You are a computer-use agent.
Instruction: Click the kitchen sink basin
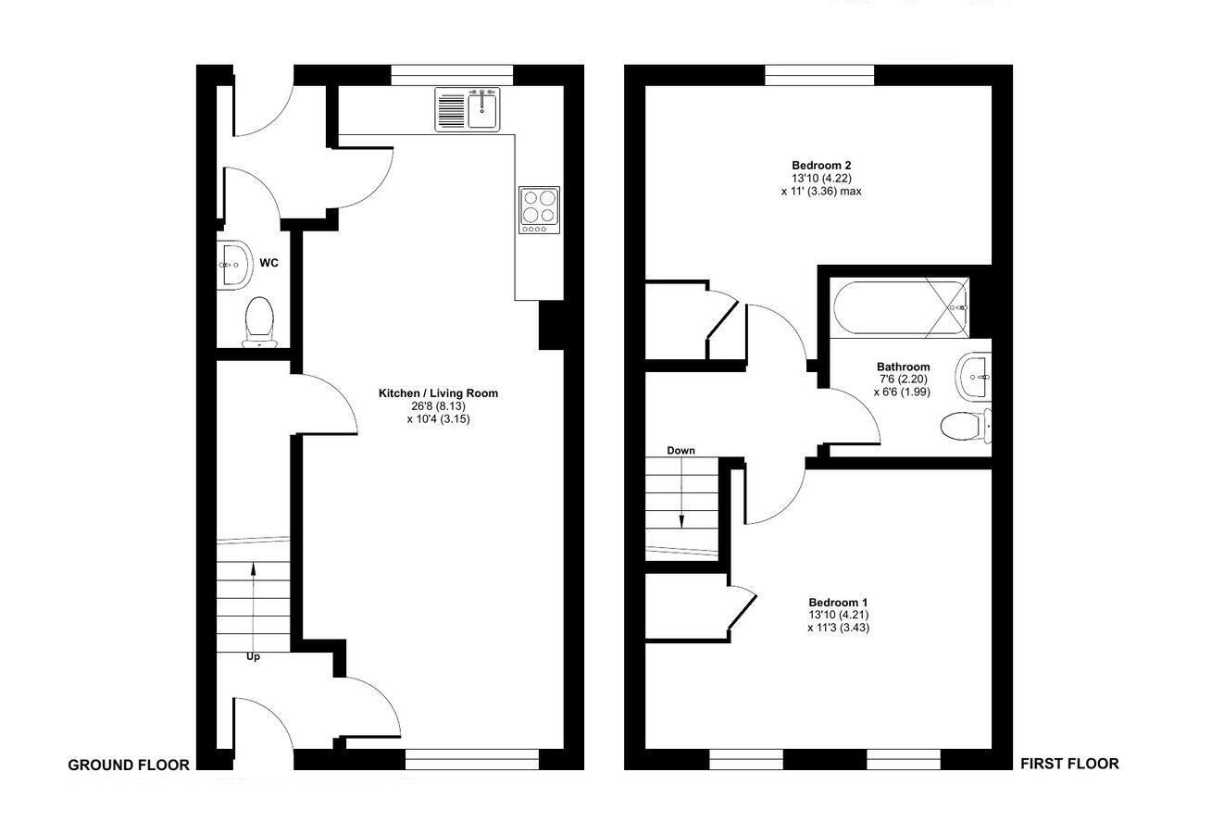click(483, 109)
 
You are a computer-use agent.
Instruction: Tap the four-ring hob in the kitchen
click(539, 210)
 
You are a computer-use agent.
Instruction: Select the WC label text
click(269, 263)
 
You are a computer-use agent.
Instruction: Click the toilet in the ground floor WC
click(259, 322)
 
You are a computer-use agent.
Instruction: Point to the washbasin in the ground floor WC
click(234, 266)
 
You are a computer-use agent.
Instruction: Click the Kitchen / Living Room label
click(439, 393)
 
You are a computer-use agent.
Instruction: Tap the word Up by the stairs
click(253, 656)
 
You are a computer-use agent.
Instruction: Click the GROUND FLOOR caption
click(129, 766)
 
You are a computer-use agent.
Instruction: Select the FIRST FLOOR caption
click(1070, 764)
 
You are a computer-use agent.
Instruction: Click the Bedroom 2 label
click(821, 166)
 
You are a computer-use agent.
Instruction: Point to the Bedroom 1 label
click(838, 603)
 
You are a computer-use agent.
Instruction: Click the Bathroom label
click(904, 367)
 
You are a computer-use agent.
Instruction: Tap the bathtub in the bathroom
click(900, 308)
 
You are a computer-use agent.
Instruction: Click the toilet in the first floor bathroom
click(966, 427)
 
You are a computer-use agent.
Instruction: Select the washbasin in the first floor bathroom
click(973, 377)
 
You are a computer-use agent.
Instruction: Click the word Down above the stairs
click(680, 451)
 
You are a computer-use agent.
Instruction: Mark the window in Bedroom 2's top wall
click(819, 75)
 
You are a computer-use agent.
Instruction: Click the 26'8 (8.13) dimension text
click(439, 405)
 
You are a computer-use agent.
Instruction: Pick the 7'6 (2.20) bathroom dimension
click(903, 379)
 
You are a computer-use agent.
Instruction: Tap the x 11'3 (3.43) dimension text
click(839, 628)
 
